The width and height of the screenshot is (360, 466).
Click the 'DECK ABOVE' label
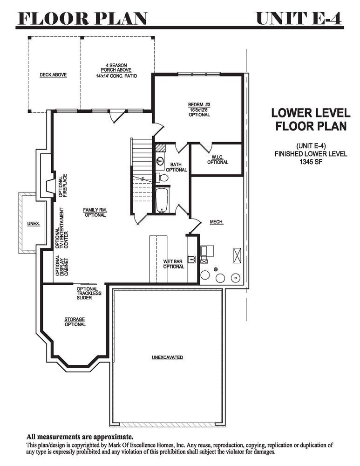click(53, 75)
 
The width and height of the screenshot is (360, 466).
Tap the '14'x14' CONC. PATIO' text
click(116, 76)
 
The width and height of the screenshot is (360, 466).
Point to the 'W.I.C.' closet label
click(217, 157)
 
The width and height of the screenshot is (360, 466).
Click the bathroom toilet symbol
click(162, 178)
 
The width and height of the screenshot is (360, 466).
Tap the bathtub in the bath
click(162, 200)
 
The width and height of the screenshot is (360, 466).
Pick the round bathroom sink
click(160, 162)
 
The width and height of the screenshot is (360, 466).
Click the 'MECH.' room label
click(217, 222)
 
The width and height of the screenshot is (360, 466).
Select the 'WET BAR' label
click(173, 261)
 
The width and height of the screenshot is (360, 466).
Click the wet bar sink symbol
click(191, 259)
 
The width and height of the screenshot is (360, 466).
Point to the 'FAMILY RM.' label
click(95, 210)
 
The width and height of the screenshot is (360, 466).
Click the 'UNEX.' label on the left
click(34, 224)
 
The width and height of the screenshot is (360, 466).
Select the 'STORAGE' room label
click(75, 320)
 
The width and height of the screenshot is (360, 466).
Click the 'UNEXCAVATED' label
click(167, 357)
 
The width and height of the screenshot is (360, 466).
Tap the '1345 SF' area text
click(311, 162)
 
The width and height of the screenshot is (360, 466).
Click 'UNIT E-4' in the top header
click(299, 19)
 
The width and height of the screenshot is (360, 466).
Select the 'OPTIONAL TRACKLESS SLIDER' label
click(89, 293)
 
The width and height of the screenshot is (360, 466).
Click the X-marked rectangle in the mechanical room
click(238, 255)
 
